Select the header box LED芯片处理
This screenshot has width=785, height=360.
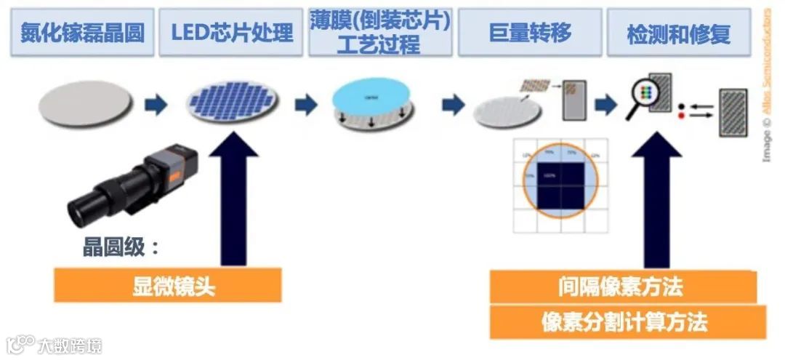232,33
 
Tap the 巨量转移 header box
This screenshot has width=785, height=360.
530,33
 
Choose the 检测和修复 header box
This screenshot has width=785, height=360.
678,33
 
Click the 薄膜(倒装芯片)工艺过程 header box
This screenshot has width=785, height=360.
379,33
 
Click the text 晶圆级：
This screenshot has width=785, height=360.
120,247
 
